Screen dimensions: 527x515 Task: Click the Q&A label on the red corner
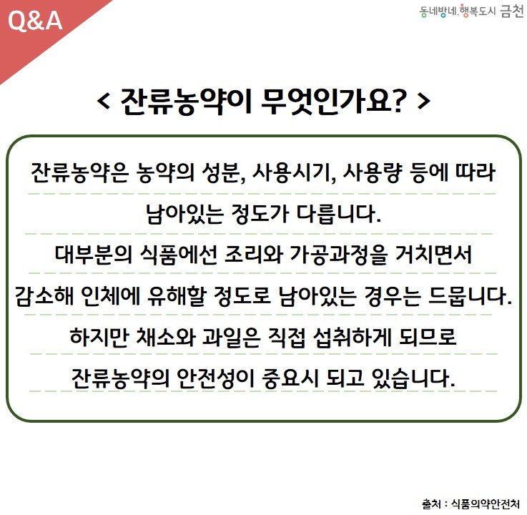(35, 21)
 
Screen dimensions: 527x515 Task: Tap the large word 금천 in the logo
(512, 11)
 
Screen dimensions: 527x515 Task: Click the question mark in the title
(398, 101)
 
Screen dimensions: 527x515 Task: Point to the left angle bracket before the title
(104, 101)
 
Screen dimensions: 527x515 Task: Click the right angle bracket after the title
(423, 101)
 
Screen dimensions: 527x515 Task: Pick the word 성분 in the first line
(223, 173)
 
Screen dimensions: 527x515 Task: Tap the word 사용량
(373, 173)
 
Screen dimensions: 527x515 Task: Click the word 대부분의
(94, 255)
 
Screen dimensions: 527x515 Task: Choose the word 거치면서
(433, 255)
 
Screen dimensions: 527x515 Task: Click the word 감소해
(44, 296)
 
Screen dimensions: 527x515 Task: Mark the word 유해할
(177, 296)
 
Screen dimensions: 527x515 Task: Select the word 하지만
(99, 337)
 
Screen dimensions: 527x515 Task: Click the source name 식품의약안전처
(485, 504)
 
